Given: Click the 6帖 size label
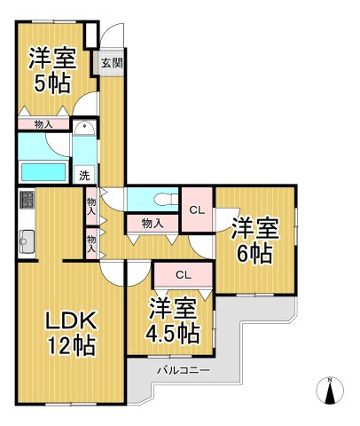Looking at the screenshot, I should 254,253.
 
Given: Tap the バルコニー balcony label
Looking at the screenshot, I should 184,367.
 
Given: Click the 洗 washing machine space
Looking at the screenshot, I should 84,175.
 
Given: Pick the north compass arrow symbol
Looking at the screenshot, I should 331,390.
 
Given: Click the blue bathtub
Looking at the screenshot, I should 43,170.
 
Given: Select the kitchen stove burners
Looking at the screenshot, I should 26,199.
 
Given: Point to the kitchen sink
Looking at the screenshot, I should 26,238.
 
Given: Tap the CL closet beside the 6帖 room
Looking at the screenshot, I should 197,209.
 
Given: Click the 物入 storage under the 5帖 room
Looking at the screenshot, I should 43,124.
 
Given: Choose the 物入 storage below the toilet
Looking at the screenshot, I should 152,223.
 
